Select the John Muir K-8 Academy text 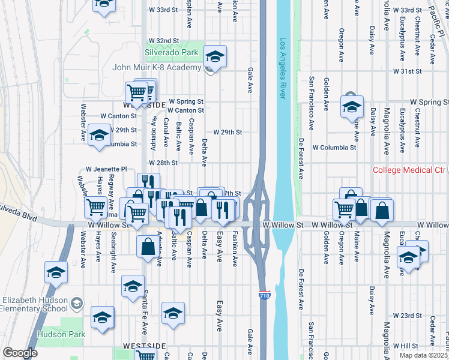click(x=156, y=67)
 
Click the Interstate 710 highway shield click(x=264, y=295)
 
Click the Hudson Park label click(x=58, y=334)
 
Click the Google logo click(x=20, y=353)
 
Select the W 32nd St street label click(x=164, y=41)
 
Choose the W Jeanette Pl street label click(x=106, y=170)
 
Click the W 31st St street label click(x=408, y=71)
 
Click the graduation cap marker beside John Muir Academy click(x=215, y=56)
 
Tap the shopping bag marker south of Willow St click(x=148, y=247)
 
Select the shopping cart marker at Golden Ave click(x=344, y=209)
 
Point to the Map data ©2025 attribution click(x=423, y=355)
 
